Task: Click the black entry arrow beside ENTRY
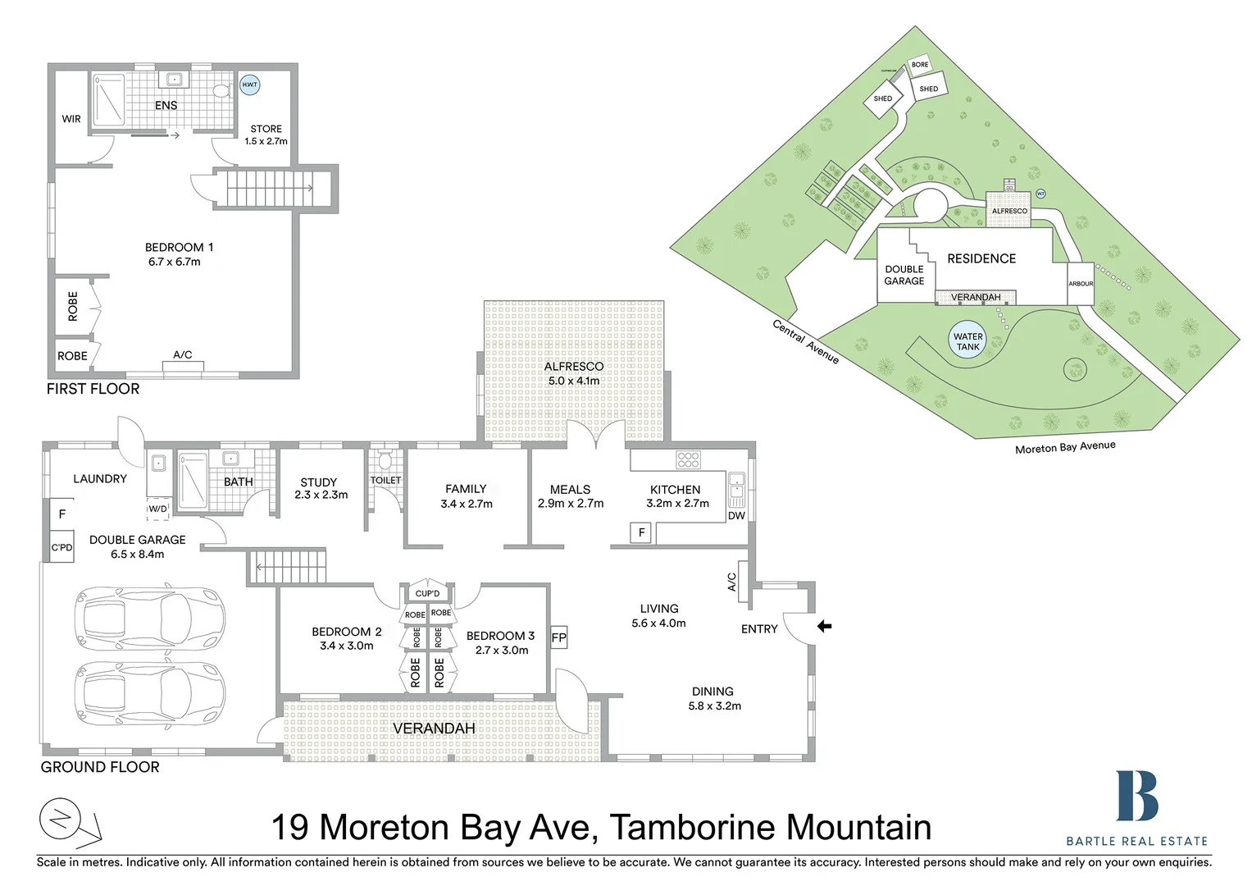824,626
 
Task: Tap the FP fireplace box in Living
558,637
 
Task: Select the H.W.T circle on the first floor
249,84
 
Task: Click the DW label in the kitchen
736,515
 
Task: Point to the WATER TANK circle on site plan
967,341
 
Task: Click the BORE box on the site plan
920,65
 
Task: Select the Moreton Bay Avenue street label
1065,447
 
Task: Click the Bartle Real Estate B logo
1136,796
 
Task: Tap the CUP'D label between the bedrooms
427,593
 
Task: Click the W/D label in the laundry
157,509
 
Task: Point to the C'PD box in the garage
61,547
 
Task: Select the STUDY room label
319,482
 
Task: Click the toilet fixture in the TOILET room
385,461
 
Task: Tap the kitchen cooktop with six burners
688,459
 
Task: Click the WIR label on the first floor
71,119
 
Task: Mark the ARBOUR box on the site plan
1081,284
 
